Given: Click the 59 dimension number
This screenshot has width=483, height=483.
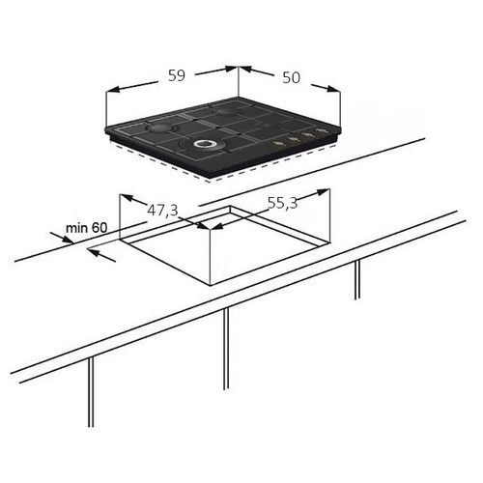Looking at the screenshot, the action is (177, 75).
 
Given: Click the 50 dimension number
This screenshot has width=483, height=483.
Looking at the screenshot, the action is (291, 77).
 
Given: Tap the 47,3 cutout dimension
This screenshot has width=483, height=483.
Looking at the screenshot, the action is (162, 211).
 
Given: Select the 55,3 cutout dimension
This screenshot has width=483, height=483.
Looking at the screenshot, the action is (282, 203).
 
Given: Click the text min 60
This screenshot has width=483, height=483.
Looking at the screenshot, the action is (86, 228).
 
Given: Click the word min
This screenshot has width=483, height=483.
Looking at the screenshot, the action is (76, 228).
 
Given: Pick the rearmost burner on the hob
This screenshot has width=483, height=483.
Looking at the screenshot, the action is (227, 111).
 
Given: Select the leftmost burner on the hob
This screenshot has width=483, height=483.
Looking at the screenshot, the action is (158, 128).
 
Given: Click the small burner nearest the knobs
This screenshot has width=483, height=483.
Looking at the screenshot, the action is (269, 126).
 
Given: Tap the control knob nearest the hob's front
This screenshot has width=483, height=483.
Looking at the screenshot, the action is (276, 142).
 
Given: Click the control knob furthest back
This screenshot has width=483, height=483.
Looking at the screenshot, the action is (321, 130).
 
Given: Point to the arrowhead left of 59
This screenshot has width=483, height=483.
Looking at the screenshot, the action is (113, 90).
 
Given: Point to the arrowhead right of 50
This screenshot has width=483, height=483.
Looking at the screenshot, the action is (333, 89).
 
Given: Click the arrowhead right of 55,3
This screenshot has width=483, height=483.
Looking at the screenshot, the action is (323, 192).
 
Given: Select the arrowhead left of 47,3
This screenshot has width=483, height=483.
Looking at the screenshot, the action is (127, 198).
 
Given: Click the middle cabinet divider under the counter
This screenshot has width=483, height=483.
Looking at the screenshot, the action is (226, 349).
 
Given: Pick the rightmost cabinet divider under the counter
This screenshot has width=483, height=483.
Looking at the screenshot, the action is (357, 279).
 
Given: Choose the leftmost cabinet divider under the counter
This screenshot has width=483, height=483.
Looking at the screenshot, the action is (91, 391).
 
